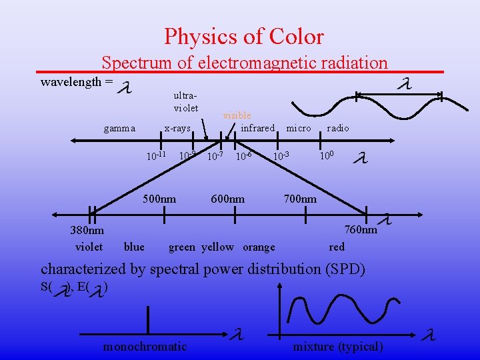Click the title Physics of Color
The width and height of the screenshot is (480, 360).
244,36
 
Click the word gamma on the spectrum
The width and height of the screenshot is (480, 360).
120,128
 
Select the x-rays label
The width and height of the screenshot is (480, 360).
177,128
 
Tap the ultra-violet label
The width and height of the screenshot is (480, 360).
186,102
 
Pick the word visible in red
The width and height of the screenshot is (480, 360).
237,115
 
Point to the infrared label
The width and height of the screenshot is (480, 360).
257,128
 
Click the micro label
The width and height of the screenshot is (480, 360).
298,128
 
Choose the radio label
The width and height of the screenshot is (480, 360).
337,128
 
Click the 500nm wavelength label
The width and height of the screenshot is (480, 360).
160,199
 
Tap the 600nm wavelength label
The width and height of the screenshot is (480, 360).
228,199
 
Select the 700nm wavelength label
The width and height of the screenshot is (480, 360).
300,199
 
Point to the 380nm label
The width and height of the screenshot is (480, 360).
87,231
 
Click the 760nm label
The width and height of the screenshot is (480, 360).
361,230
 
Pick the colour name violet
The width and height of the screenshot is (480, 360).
89,247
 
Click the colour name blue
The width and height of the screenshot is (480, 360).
134,247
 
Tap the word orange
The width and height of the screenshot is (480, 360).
259,247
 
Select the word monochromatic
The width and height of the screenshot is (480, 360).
145,346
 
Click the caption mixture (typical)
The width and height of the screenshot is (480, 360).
338,346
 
